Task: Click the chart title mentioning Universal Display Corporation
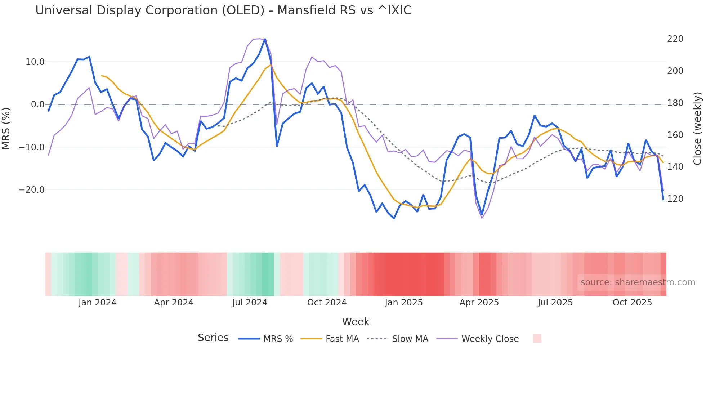click(x=223, y=10)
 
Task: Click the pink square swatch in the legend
click(x=537, y=339)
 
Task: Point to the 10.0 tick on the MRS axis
click(x=35, y=62)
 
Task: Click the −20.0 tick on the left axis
click(x=32, y=190)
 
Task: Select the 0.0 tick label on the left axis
click(x=38, y=104)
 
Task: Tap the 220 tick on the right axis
click(x=675, y=39)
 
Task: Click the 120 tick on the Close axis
click(x=675, y=199)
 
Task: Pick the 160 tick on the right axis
click(x=675, y=135)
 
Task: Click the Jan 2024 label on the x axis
click(x=97, y=303)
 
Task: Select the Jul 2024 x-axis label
click(x=250, y=303)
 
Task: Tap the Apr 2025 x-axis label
click(x=479, y=303)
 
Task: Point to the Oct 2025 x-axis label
click(x=632, y=303)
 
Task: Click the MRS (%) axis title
click(x=6, y=129)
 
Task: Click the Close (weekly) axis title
click(x=698, y=129)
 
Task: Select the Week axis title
click(x=356, y=322)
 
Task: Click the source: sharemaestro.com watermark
click(x=638, y=282)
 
